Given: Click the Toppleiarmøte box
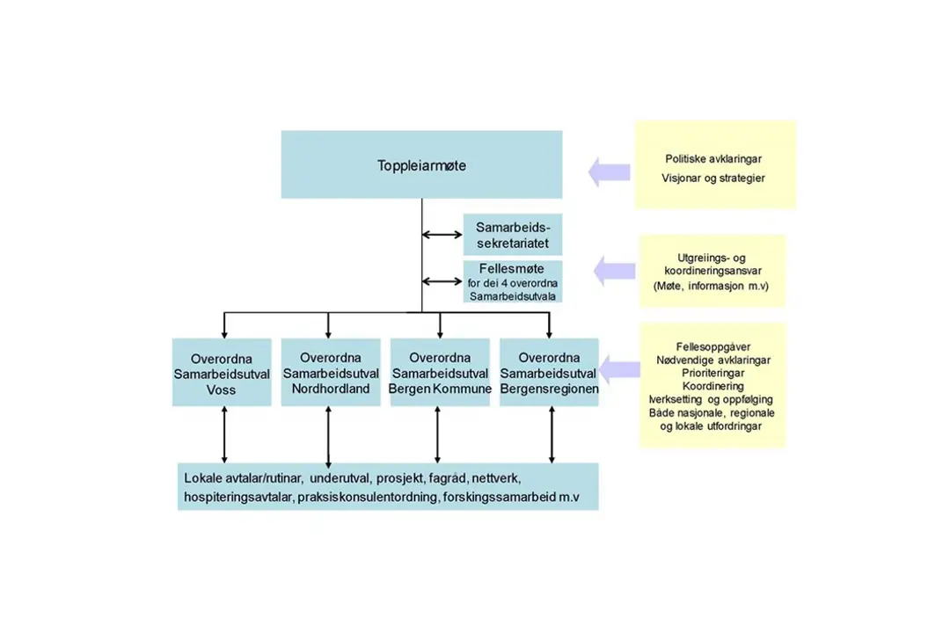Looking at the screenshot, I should pos(421,164).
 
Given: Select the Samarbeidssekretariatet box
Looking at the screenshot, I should pos(513,235).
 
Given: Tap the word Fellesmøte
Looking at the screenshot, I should pos(512,269).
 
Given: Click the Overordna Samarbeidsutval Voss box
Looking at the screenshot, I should pos(222,373).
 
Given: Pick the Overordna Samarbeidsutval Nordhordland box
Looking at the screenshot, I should pos(330,373).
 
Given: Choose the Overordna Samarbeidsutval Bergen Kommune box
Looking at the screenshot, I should pos(440,373).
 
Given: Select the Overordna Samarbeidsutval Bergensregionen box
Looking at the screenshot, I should pos(549,373).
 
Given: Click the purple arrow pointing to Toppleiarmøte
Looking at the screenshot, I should pos(609,171).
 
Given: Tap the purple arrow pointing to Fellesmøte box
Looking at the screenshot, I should pos(614,270).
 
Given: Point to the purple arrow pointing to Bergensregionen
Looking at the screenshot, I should pos(619,372).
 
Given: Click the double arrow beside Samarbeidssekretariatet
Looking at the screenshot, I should pos(442,235).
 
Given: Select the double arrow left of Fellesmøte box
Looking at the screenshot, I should pos(442,281).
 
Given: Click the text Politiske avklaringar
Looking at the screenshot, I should pos(713,159).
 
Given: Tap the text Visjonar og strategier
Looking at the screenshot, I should pos(713,178).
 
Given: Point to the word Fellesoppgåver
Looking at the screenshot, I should pos(713,347).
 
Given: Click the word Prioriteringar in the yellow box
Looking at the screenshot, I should pos(713,373).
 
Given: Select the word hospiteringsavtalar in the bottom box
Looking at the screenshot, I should pos(237,498).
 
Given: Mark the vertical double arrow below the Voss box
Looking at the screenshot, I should pos(224,433).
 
